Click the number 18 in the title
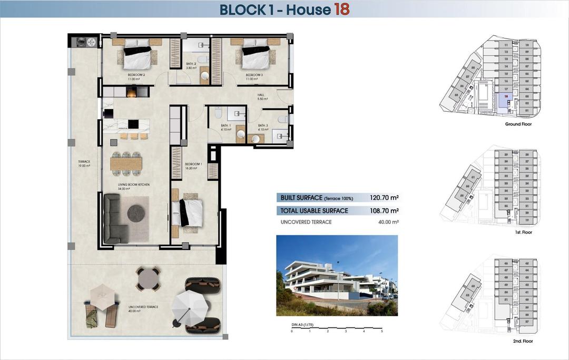pos(341,9)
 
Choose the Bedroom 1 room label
pos(191,166)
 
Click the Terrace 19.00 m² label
pos(84,163)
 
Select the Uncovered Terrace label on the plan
pos(143,308)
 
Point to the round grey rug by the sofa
pos(136,213)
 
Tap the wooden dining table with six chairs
pos(126,164)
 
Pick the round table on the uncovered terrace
pos(148,278)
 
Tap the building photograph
pos(337,275)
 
